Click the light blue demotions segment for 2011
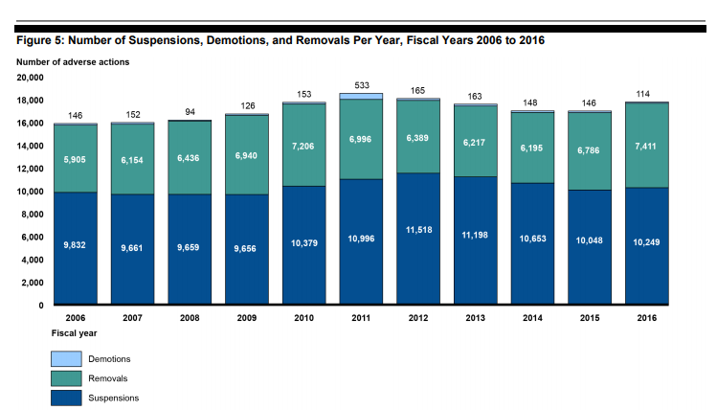click(x=360, y=96)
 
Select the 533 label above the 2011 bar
click(x=360, y=85)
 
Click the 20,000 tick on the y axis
click(x=31, y=78)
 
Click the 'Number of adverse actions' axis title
click(x=73, y=61)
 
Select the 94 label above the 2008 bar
click(x=190, y=111)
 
